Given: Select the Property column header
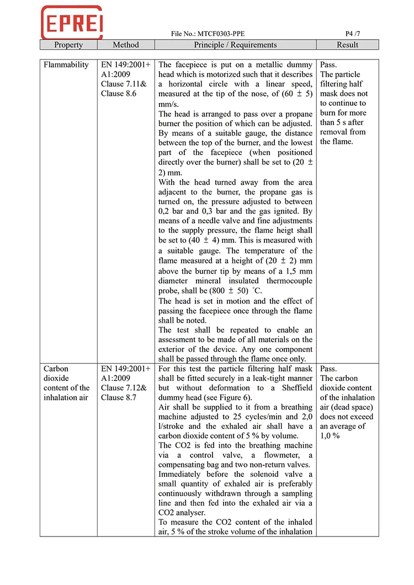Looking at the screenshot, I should tap(68, 45).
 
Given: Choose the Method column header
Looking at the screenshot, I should tap(125, 45).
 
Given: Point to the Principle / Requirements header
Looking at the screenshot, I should tap(235, 45).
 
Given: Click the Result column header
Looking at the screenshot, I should tap(347, 45).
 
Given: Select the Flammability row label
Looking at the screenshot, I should tap(66, 65).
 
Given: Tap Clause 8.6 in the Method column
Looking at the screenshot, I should tap(118, 94).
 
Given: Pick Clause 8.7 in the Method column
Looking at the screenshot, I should tap(118, 398).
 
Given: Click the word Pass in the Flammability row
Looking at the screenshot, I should tap(328, 65).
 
